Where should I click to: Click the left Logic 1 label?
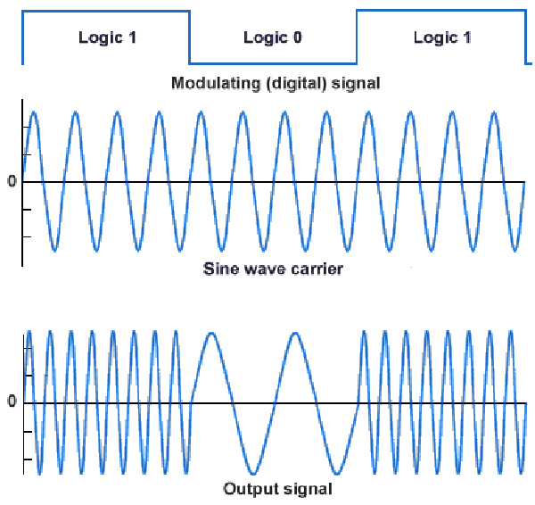(106, 37)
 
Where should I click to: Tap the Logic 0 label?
(272, 37)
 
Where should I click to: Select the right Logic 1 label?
(442, 37)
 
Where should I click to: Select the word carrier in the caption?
(315, 268)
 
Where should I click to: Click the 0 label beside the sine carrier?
(12, 182)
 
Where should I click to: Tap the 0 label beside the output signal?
(12, 402)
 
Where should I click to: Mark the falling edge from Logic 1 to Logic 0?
(190, 37)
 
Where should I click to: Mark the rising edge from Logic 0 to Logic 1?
(356, 37)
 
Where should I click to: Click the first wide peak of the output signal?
(212, 334)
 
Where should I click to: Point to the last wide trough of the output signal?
(337, 473)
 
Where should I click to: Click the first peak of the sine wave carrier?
(34, 113)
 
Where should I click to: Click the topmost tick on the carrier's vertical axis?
(26, 127)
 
